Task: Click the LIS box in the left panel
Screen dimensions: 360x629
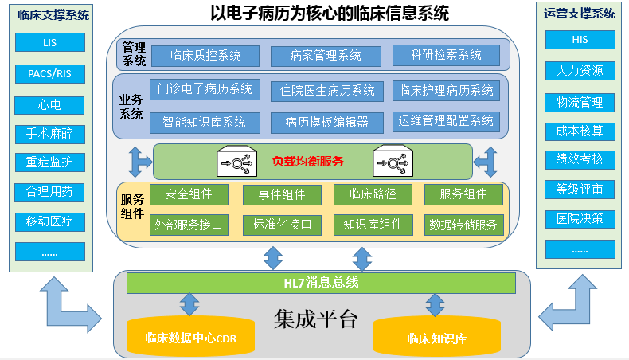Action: click(x=49, y=42)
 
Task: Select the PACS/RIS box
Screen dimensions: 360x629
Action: click(x=49, y=73)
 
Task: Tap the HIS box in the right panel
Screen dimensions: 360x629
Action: click(x=580, y=40)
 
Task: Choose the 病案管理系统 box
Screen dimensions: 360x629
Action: click(x=326, y=55)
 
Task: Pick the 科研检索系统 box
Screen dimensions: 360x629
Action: click(x=446, y=55)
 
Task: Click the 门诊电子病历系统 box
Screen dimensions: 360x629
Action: click(x=205, y=89)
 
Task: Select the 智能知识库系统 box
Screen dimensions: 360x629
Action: click(x=205, y=122)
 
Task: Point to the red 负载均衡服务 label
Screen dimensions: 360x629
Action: click(x=307, y=162)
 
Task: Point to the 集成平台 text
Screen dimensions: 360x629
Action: click(x=316, y=320)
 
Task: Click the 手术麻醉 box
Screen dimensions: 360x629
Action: click(x=49, y=133)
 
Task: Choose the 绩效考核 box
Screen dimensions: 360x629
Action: click(x=580, y=159)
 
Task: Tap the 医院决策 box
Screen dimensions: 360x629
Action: click(x=580, y=218)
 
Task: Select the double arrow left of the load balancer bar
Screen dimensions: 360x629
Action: click(x=140, y=162)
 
